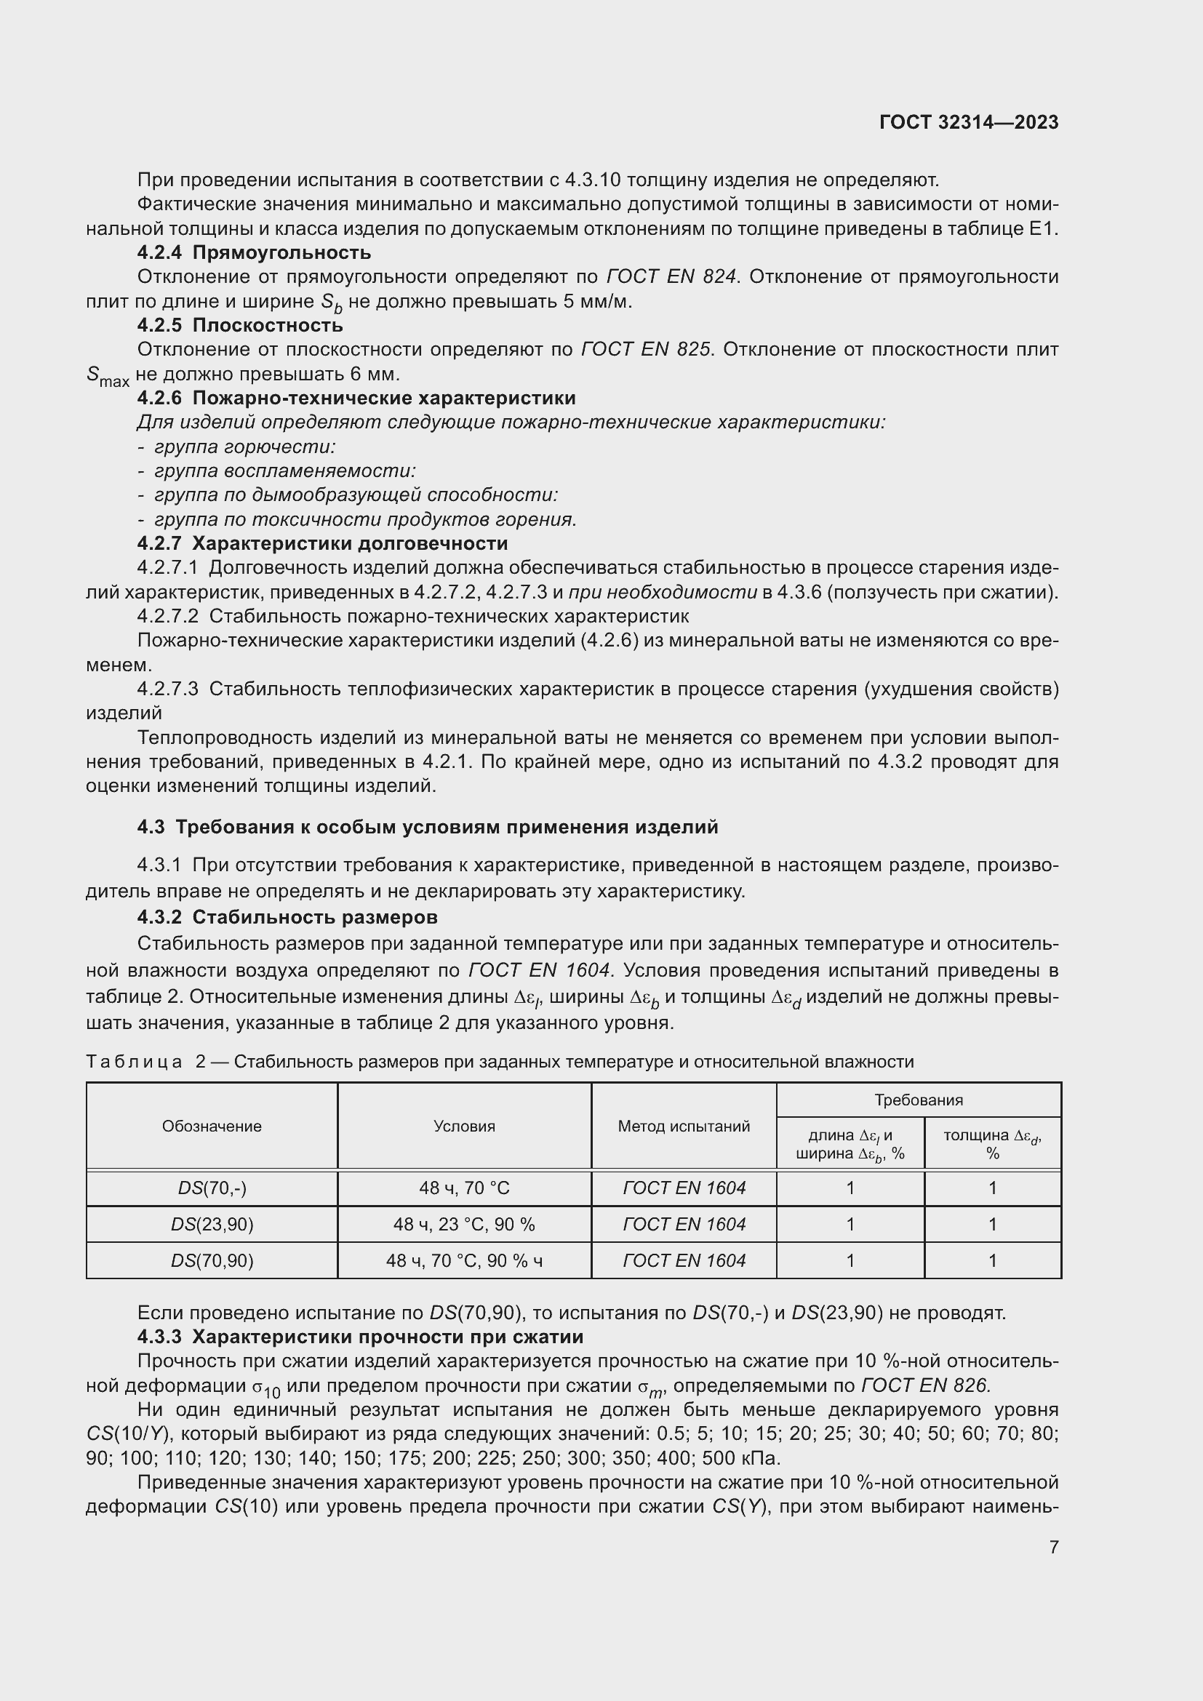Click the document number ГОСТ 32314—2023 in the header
968,122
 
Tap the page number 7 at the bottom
1053,1546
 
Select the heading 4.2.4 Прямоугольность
253,252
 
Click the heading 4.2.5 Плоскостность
239,325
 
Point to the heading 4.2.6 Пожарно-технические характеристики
356,398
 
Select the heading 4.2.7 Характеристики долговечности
322,543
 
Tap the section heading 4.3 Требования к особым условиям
428,827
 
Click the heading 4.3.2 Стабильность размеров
287,917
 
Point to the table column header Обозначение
212,1126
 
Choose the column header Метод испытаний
683,1126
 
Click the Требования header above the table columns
918,1100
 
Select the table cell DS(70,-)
212,1188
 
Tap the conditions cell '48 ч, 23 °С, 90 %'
464,1225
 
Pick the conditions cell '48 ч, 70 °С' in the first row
464,1188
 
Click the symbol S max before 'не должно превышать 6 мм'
107,377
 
